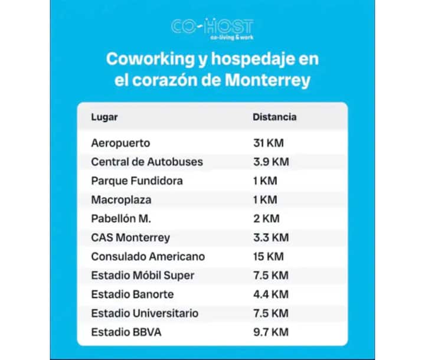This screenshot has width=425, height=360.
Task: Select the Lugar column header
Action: click(104, 117)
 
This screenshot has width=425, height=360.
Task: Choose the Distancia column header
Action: click(274, 117)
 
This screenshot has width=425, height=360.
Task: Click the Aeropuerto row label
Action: click(121, 143)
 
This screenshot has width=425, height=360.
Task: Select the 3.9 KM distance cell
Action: click(271, 162)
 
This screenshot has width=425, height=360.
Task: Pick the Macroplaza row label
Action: click(118, 199)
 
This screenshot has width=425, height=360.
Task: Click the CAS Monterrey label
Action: click(130, 237)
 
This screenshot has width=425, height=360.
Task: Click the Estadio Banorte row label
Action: click(132, 294)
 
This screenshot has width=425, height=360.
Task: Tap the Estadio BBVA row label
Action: click(126, 332)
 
